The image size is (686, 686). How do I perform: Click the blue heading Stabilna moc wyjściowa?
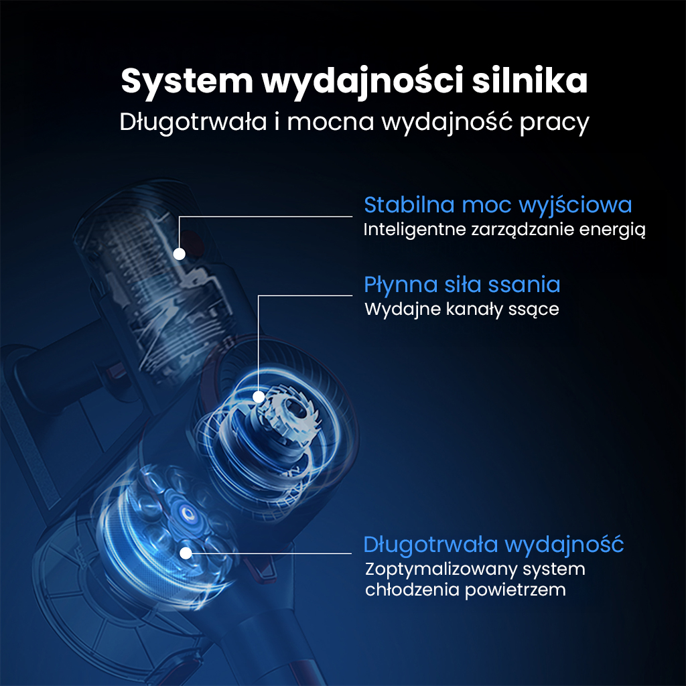[498, 204]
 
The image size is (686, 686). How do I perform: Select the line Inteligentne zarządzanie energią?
[504, 230]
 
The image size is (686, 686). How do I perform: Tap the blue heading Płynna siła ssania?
[462, 284]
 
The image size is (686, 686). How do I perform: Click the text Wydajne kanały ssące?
[462, 310]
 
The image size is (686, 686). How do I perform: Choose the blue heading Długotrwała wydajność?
[494, 544]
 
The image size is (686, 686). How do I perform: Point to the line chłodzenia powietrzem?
[466, 590]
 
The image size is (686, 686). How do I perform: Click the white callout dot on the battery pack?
[179, 253]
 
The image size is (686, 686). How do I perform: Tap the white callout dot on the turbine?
[258, 397]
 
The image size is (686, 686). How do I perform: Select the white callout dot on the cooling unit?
[186, 553]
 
